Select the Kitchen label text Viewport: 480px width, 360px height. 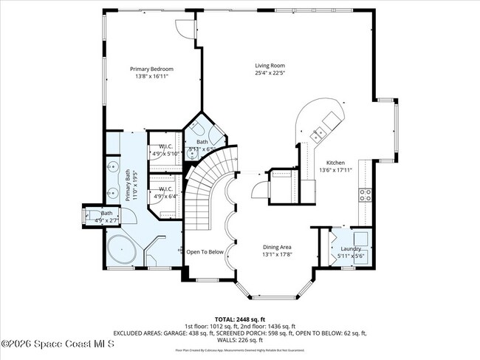click(336, 162)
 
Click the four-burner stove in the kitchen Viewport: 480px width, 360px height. click(365, 195)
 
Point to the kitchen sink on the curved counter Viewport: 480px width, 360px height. click(320, 135)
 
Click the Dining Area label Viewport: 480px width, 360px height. click(278, 248)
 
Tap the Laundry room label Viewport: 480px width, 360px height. click(351, 249)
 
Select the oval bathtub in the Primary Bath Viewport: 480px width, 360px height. click(121, 251)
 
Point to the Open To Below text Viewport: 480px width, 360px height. click(205, 251)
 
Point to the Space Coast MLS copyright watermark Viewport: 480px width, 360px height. click(58, 344)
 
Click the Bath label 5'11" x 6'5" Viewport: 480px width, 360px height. click(202, 145)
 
